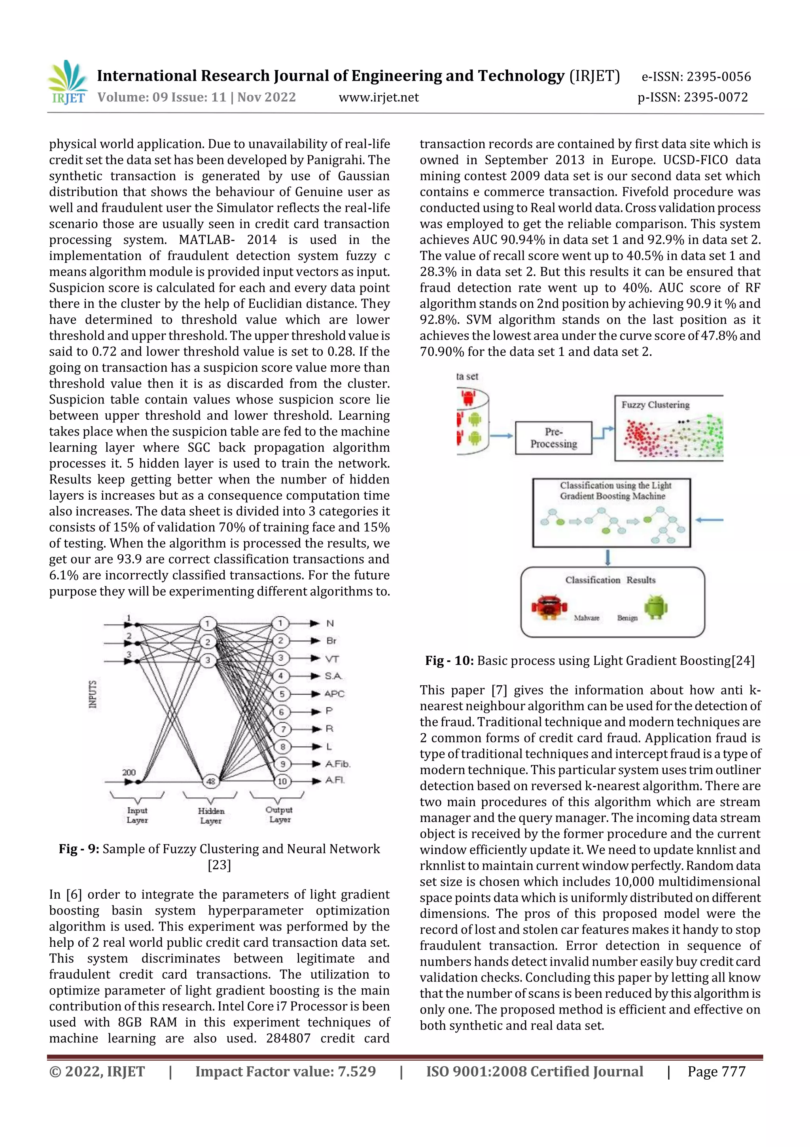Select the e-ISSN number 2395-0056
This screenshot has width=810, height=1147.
[718, 76]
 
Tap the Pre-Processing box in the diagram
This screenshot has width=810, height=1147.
[553, 437]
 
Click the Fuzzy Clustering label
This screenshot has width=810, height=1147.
[655, 405]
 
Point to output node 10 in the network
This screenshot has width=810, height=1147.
[282, 781]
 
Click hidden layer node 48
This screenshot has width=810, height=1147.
[211, 781]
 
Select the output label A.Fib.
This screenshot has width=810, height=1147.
[338, 764]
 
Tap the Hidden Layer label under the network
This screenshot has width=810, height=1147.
[211, 815]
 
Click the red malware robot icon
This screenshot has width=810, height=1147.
[549, 607]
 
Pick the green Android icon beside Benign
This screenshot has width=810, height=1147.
[656, 607]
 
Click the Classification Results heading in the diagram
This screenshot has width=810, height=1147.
[610, 580]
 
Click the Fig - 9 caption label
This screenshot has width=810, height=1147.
[79, 849]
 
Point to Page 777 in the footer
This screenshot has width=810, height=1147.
[716, 1071]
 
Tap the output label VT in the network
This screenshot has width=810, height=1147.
[332, 659]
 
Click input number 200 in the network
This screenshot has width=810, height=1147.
[129, 772]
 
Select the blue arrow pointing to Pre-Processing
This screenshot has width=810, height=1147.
[501, 436]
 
